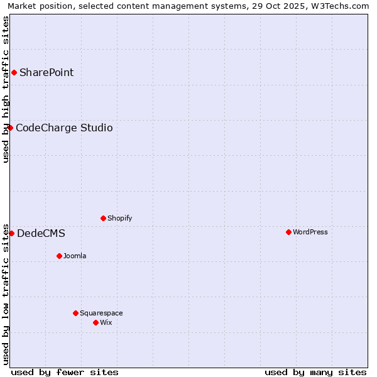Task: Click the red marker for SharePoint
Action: coord(14,72)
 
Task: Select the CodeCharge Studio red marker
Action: coord(10,128)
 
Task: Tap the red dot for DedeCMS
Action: coord(11,233)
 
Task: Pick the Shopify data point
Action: coord(103,218)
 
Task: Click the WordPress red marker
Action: coord(288,232)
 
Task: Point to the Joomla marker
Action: coord(59,256)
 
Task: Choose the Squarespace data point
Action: coord(75,313)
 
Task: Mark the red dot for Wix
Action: coord(96,322)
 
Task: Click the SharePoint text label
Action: coord(46,72)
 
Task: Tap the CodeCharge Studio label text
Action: coord(64,128)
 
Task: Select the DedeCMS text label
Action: coord(41,233)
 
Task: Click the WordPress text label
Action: coord(310,232)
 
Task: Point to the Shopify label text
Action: coord(119,218)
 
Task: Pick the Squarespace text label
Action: coord(101,313)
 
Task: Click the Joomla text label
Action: coord(75,256)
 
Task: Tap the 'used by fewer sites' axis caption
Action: coord(65,372)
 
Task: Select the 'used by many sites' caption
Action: coord(315,372)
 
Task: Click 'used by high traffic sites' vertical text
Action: coord(6,89)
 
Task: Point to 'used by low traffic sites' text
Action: coord(6,294)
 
